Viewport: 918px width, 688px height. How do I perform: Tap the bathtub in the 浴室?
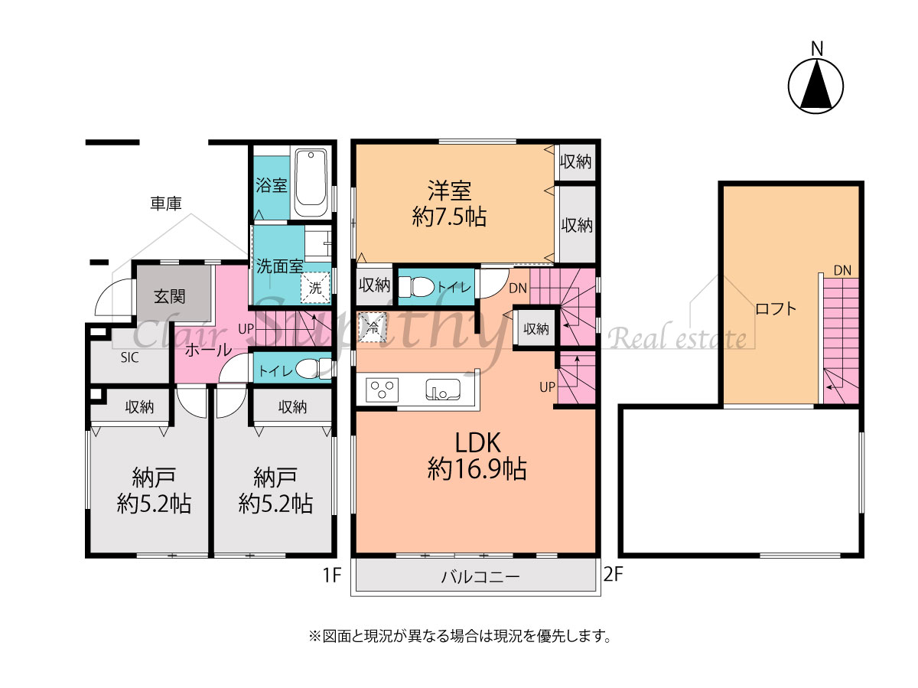311,183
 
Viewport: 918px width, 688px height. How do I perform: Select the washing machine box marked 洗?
315,287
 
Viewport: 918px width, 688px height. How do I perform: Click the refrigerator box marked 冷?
373,328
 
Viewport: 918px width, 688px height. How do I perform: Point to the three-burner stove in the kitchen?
382,390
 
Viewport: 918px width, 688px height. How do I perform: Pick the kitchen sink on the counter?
443,389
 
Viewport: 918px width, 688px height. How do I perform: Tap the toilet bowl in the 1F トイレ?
313,368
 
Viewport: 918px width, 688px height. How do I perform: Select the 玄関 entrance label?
169,296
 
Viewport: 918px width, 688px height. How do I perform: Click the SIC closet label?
129,357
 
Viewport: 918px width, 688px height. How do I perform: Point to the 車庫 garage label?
166,204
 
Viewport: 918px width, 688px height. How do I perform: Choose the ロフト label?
776,309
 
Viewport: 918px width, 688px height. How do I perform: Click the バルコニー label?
480,577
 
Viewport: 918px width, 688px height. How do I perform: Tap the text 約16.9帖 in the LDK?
477,469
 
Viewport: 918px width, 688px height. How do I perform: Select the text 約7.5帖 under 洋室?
449,217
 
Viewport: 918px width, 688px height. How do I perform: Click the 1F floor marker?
332,575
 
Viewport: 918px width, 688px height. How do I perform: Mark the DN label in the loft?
842,271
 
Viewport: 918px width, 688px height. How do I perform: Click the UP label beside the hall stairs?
246,329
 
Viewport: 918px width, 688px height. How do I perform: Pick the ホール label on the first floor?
208,350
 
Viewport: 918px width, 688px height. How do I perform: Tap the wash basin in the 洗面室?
317,244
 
